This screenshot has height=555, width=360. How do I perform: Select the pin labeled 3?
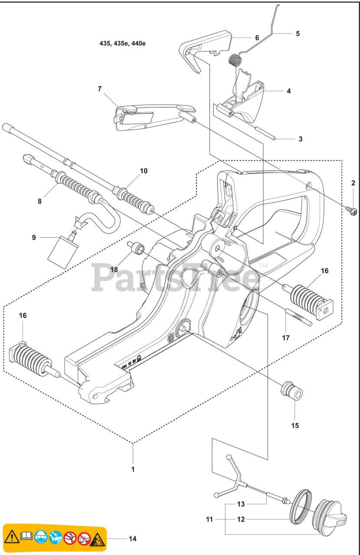pyautogui.click(x=266, y=134)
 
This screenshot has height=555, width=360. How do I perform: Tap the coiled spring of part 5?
pyautogui.click(x=234, y=59)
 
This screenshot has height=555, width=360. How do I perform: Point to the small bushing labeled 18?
pyautogui.click(x=139, y=249)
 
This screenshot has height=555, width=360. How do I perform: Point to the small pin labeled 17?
pyautogui.click(x=298, y=317)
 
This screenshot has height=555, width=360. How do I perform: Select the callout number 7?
pyautogui.click(x=100, y=89)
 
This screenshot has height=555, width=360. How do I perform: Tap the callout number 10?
pyautogui.click(x=144, y=171)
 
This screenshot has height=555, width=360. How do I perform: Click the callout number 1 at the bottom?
pyautogui.click(x=133, y=469)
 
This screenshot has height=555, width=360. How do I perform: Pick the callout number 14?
pyautogui.click(x=132, y=539)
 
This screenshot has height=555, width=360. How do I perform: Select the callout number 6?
pyautogui.click(x=257, y=38)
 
